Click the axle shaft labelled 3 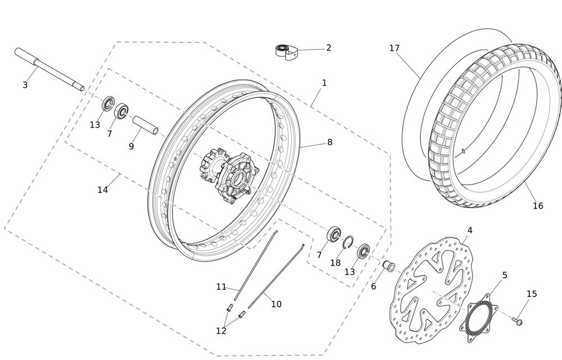(x=49, y=69)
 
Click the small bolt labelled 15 (x=517, y=321)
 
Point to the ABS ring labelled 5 (x=479, y=318)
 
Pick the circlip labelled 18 (x=348, y=242)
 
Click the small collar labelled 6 (x=389, y=267)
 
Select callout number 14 (x=103, y=190)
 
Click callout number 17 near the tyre (x=395, y=48)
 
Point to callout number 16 (x=538, y=206)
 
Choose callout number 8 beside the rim (x=330, y=142)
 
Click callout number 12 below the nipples (x=221, y=331)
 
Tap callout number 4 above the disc (x=469, y=231)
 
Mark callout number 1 (x=324, y=83)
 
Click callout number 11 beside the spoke (x=221, y=287)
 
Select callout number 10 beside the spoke (x=276, y=304)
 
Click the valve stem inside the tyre (x=463, y=151)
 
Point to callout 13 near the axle (x=94, y=125)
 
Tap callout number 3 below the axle (x=25, y=85)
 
